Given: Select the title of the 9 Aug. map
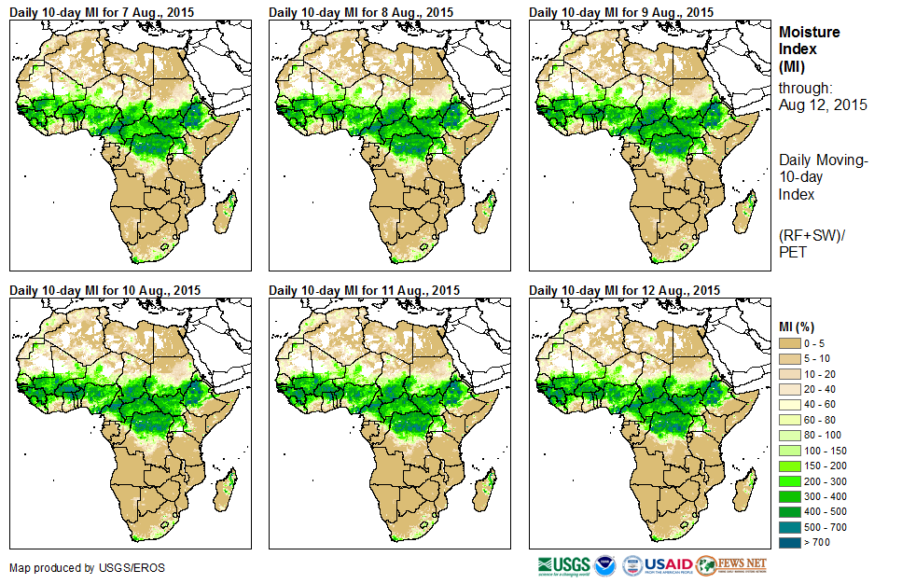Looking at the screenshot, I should click(x=622, y=12).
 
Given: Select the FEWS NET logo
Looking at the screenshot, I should click(x=731, y=565).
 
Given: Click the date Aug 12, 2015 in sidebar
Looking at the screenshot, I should click(x=823, y=104).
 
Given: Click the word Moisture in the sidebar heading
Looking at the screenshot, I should click(x=810, y=32).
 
